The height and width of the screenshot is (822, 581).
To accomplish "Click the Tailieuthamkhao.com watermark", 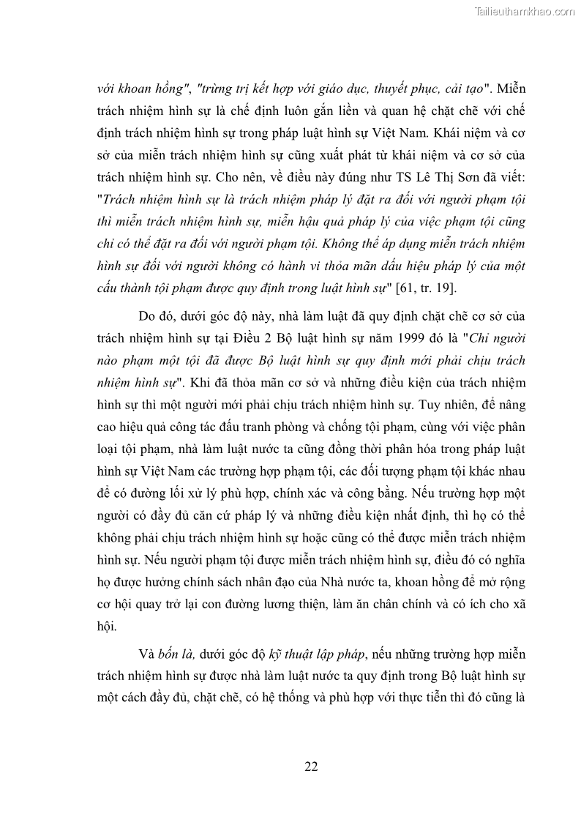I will click(x=525, y=11).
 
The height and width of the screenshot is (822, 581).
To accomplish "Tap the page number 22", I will click(x=310, y=766).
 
